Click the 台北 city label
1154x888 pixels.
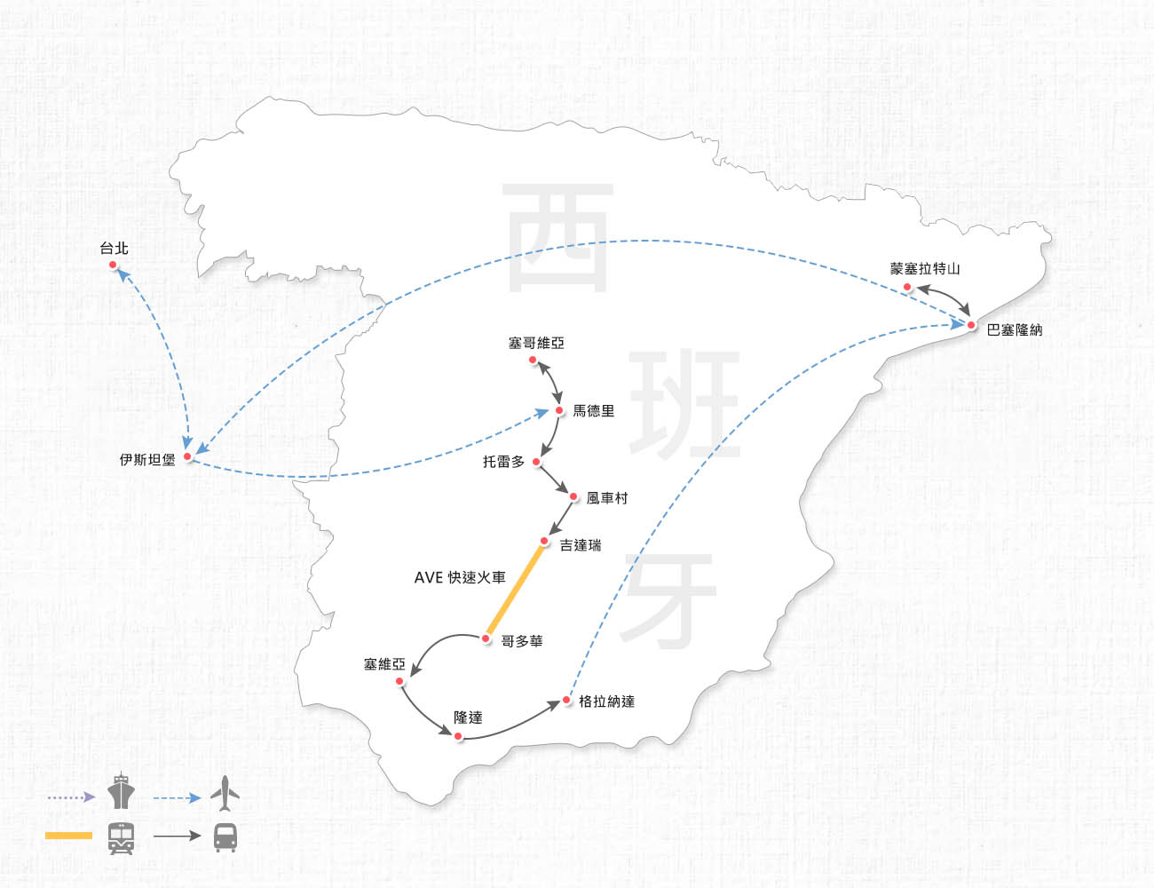[114, 249]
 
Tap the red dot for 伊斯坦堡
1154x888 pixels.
[188, 456]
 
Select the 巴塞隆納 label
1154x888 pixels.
[1015, 330]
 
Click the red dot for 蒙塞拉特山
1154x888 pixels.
[906, 287]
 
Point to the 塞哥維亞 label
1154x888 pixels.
[536, 343]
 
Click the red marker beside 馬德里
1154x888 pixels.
[559, 410]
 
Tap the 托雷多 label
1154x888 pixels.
[503, 462]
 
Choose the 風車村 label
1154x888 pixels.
[607, 498]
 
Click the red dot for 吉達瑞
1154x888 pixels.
[544, 541]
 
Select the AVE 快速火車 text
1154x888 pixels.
[460, 577]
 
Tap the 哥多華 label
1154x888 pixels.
[522, 641]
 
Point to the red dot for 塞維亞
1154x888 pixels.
[400, 681]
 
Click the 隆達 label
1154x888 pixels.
[468, 718]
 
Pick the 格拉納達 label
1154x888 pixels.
[606, 702]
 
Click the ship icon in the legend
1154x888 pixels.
[121, 792]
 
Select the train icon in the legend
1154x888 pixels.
[122, 837]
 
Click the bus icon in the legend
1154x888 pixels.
[225, 837]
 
